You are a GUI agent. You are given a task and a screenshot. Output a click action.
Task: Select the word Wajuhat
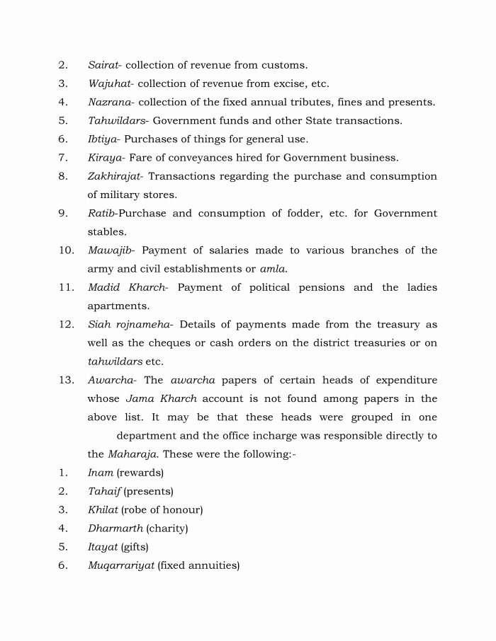(x=108, y=83)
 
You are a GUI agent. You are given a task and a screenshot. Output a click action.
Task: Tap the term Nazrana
(x=109, y=102)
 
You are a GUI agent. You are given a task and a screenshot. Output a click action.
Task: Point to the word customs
(x=284, y=65)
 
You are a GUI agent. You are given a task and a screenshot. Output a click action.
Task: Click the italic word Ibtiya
(x=103, y=139)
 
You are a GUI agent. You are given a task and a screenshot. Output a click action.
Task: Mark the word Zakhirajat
(x=115, y=176)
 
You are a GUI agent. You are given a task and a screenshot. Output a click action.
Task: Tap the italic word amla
(x=273, y=269)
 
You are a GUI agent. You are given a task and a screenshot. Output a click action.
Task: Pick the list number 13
(x=67, y=380)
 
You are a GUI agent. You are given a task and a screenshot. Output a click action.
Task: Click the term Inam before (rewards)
(x=100, y=473)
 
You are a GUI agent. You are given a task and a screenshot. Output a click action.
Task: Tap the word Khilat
(x=103, y=509)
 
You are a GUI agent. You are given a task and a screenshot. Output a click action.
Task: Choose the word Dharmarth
(x=115, y=529)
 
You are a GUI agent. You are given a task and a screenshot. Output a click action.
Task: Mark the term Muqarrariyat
(x=120, y=565)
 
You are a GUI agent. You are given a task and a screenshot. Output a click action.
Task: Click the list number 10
(x=67, y=250)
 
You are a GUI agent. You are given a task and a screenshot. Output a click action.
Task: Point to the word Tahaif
(x=103, y=491)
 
